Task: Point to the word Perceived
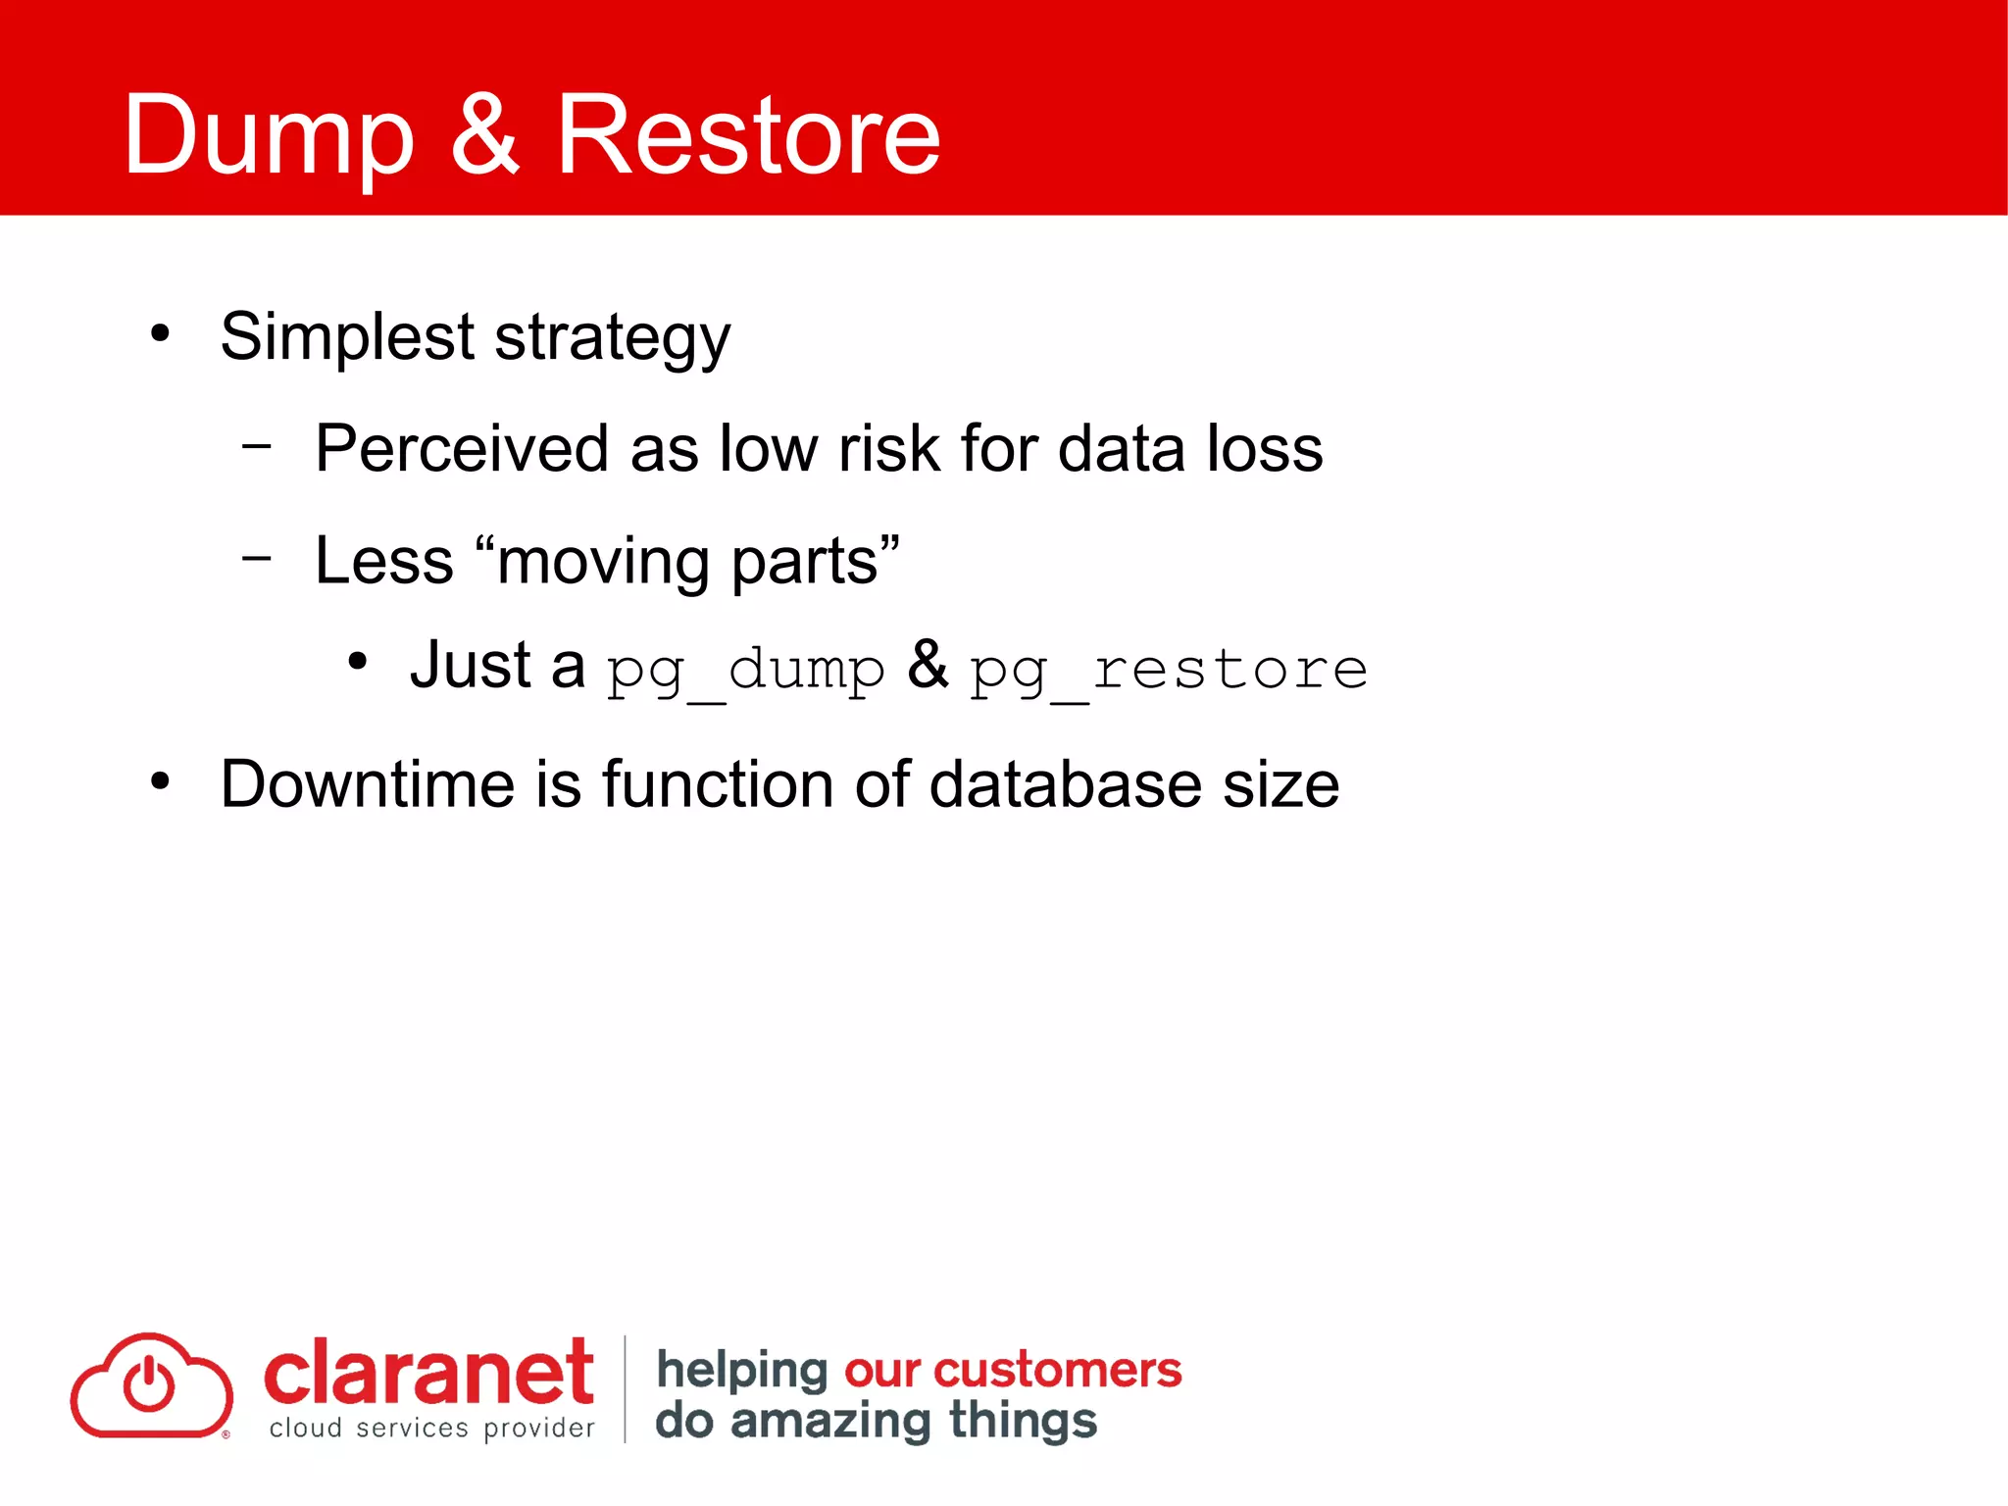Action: pos(462,449)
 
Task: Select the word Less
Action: pos(383,561)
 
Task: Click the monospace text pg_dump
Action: pos(745,671)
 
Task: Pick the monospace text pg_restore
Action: pos(1169,671)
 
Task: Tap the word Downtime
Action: pos(368,784)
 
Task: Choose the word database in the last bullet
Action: pos(1065,784)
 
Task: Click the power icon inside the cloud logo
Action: pos(149,1384)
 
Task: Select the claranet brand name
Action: pos(427,1373)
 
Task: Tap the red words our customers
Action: pos(1013,1370)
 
